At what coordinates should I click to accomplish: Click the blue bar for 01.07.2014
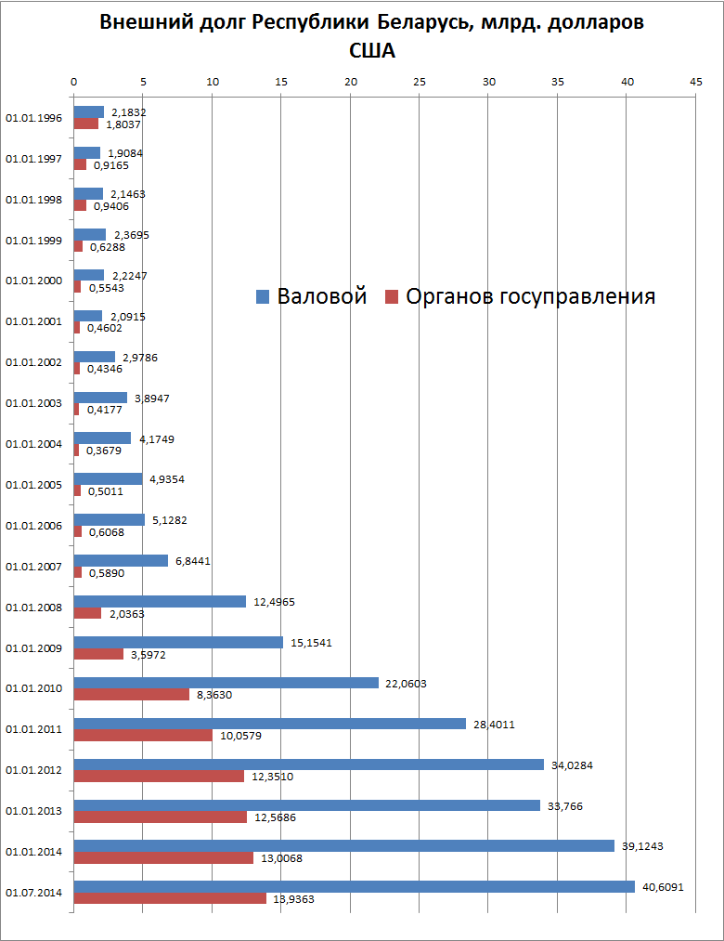(354, 886)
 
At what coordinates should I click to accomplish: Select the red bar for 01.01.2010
(131, 694)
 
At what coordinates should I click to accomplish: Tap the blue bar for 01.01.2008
(160, 601)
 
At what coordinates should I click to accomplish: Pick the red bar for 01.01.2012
(159, 776)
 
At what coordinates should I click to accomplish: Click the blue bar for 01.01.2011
(269, 724)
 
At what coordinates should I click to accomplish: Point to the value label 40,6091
(663, 886)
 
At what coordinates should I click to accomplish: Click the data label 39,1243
(642, 845)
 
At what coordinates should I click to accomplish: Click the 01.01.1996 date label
(33, 118)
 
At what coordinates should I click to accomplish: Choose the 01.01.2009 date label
(33, 647)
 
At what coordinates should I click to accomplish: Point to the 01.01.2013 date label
(33, 811)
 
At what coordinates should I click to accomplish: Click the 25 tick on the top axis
(420, 83)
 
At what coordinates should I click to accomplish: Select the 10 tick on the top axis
(212, 83)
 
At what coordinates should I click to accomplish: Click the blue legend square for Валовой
(263, 297)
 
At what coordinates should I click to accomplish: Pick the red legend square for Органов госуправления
(391, 297)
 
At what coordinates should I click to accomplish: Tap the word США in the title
(371, 50)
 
